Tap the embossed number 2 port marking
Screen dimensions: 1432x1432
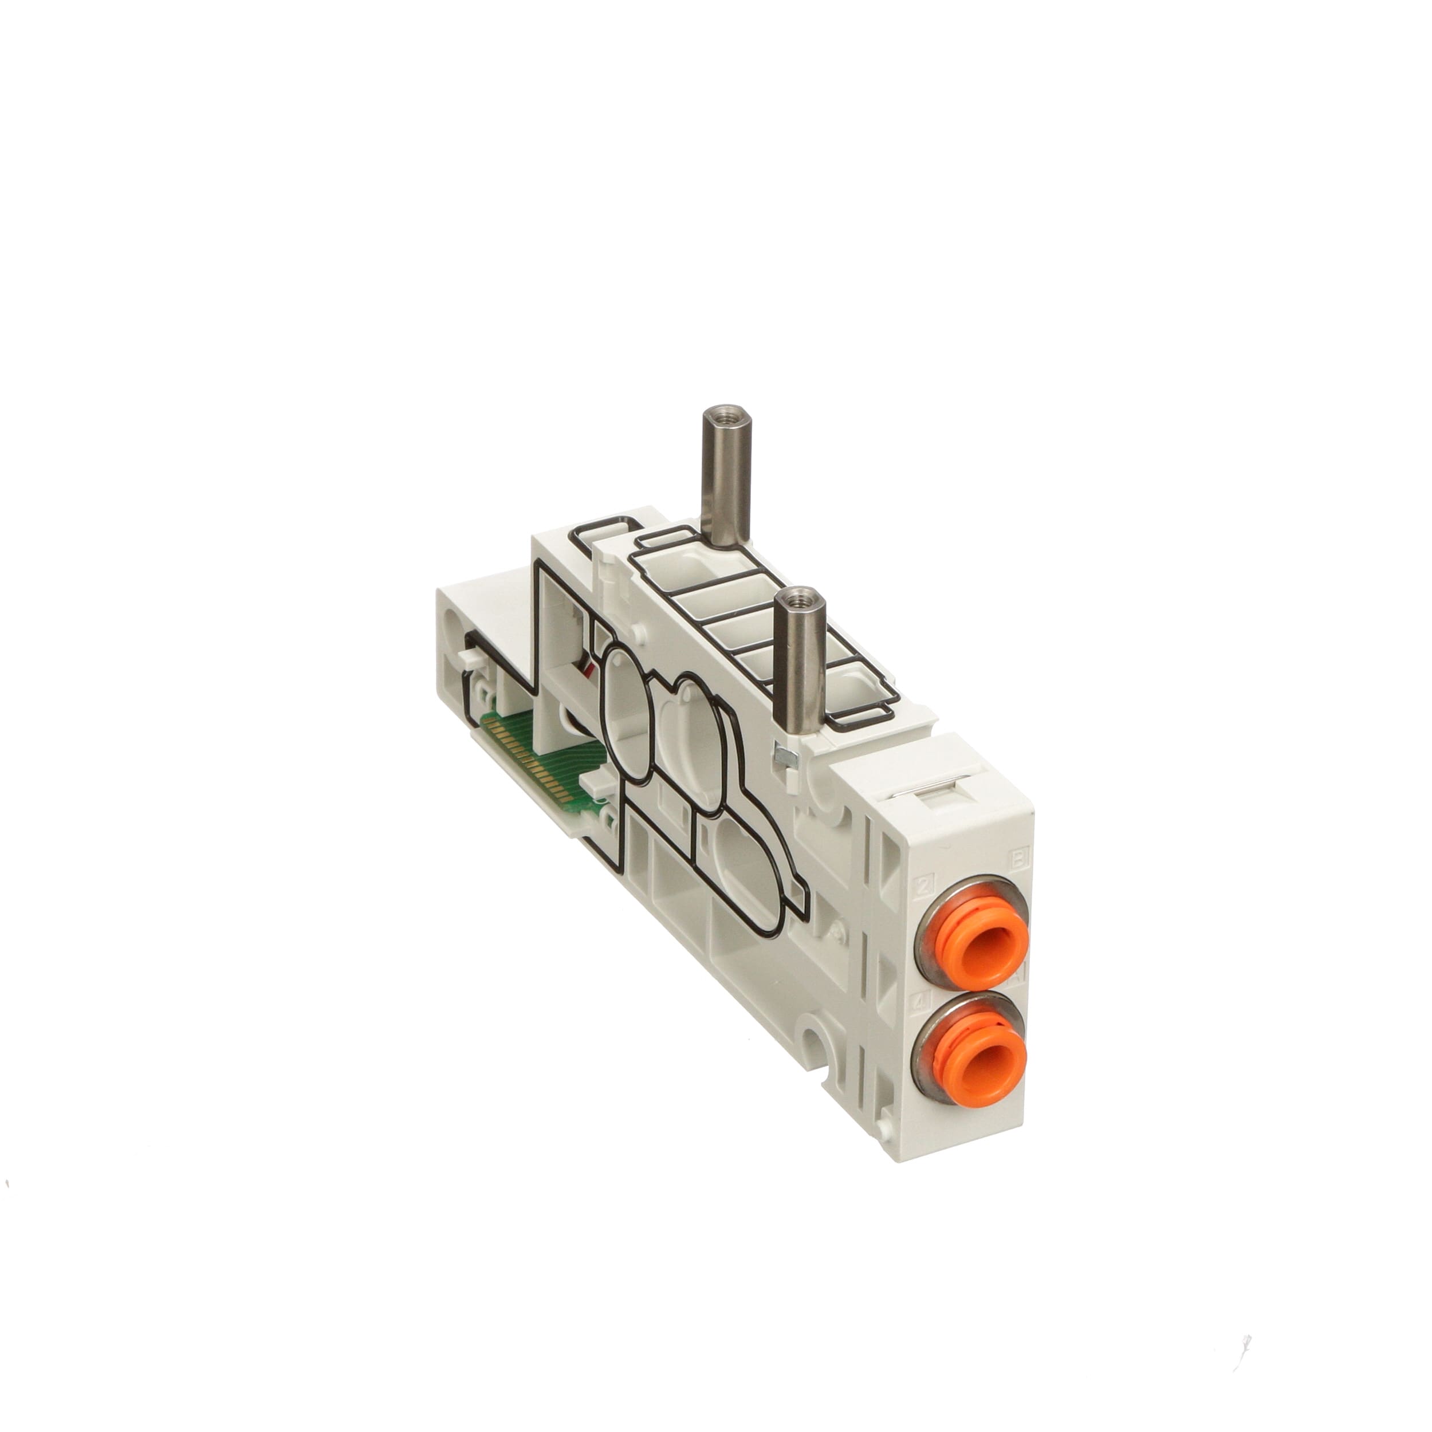click(924, 883)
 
